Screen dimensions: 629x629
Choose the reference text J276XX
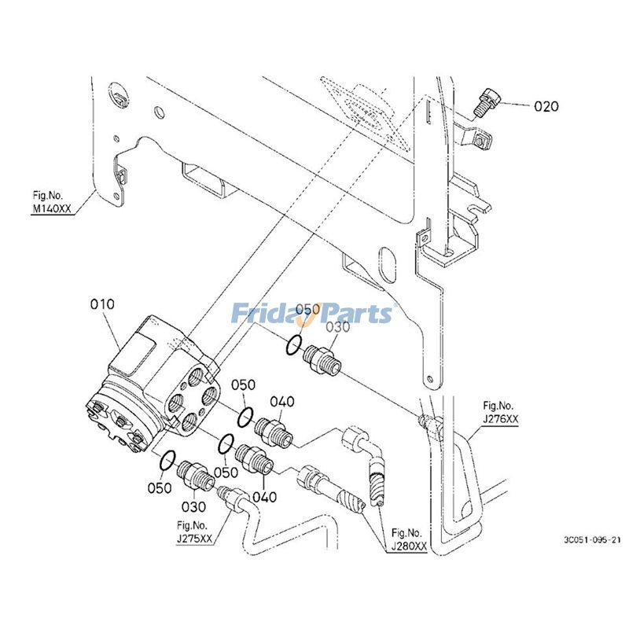(x=500, y=419)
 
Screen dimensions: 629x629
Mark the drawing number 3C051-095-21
(x=591, y=540)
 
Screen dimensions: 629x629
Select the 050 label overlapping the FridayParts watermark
(x=307, y=309)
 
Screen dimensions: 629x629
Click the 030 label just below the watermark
(x=337, y=328)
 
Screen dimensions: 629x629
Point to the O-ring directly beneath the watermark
(x=293, y=345)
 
